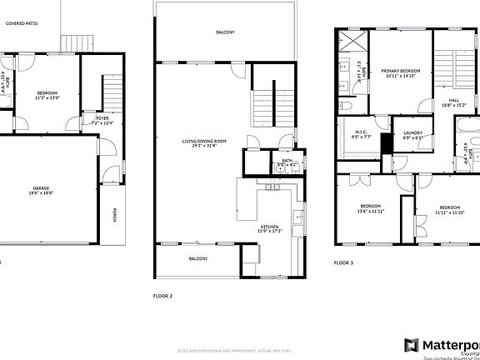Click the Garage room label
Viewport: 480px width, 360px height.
[x=36, y=188]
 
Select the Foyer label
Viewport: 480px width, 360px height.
[x=102, y=118]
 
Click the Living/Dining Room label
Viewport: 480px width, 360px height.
[x=205, y=142]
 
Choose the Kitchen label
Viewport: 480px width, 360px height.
[x=269, y=226]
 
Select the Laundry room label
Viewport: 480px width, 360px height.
[x=412, y=133]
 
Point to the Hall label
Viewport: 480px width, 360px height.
[x=453, y=101]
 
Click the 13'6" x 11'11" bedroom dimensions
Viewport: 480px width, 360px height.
[x=371, y=212]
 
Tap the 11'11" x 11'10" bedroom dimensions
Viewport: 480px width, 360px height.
[x=450, y=212]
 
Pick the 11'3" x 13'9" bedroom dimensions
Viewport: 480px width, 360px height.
[x=49, y=98]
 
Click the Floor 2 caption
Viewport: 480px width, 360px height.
[x=162, y=296]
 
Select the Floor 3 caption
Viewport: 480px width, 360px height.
[x=343, y=262]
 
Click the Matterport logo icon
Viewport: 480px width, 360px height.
[x=411, y=345]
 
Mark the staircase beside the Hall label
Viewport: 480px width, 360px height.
[x=454, y=71]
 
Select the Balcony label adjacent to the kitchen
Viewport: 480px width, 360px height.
[x=197, y=259]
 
